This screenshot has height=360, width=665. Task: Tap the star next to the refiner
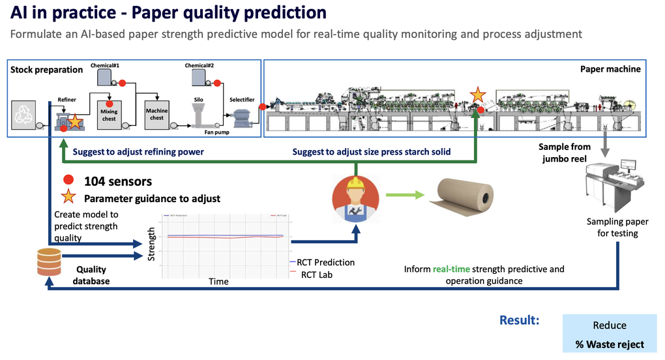tap(76, 121)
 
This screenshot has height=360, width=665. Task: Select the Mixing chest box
tap(109, 115)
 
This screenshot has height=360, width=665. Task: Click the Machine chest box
tap(156, 114)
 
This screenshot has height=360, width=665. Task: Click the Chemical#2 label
tap(199, 66)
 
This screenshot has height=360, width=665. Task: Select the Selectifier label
tap(242, 100)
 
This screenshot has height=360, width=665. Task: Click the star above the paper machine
tap(478, 95)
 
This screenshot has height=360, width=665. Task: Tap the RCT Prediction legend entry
tap(325, 262)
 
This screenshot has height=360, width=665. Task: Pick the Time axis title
tap(218, 282)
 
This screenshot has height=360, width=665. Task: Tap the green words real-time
tap(454, 269)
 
